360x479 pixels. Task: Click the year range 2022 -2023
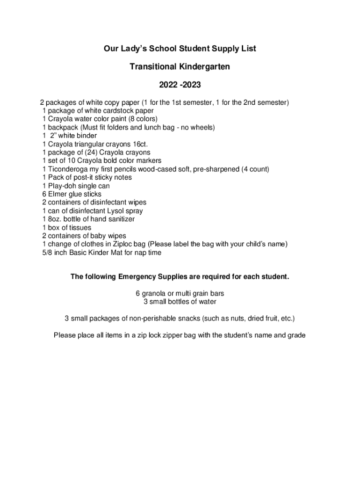point(180,86)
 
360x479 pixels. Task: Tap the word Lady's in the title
point(137,49)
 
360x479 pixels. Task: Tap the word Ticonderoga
point(68,169)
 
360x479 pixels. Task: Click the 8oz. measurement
point(56,219)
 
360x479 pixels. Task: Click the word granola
point(155,293)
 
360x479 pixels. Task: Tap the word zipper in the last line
point(173,335)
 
